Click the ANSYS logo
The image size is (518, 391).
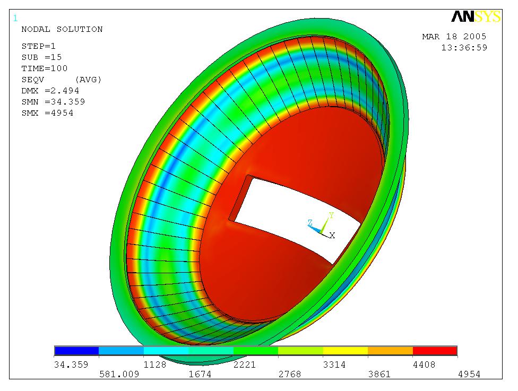click(x=476, y=17)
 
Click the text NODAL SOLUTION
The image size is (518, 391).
click(x=62, y=29)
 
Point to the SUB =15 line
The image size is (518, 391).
click(x=41, y=57)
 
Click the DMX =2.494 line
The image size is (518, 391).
click(x=50, y=91)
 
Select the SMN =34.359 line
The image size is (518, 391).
click(x=53, y=102)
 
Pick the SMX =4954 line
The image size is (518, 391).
click(x=47, y=113)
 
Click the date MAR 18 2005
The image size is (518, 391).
click(x=454, y=37)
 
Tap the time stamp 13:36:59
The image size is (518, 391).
click(x=463, y=48)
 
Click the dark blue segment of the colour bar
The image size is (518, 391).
click(x=76, y=351)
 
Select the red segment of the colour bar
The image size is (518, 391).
click(x=435, y=351)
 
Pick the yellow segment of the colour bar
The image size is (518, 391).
click(x=345, y=351)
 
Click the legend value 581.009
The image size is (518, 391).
click(x=119, y=375)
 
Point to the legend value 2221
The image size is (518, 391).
click(x=245, y=364)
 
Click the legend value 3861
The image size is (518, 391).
click(x=379, y=375)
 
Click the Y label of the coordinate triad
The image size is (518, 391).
click(x=331, y=215)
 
